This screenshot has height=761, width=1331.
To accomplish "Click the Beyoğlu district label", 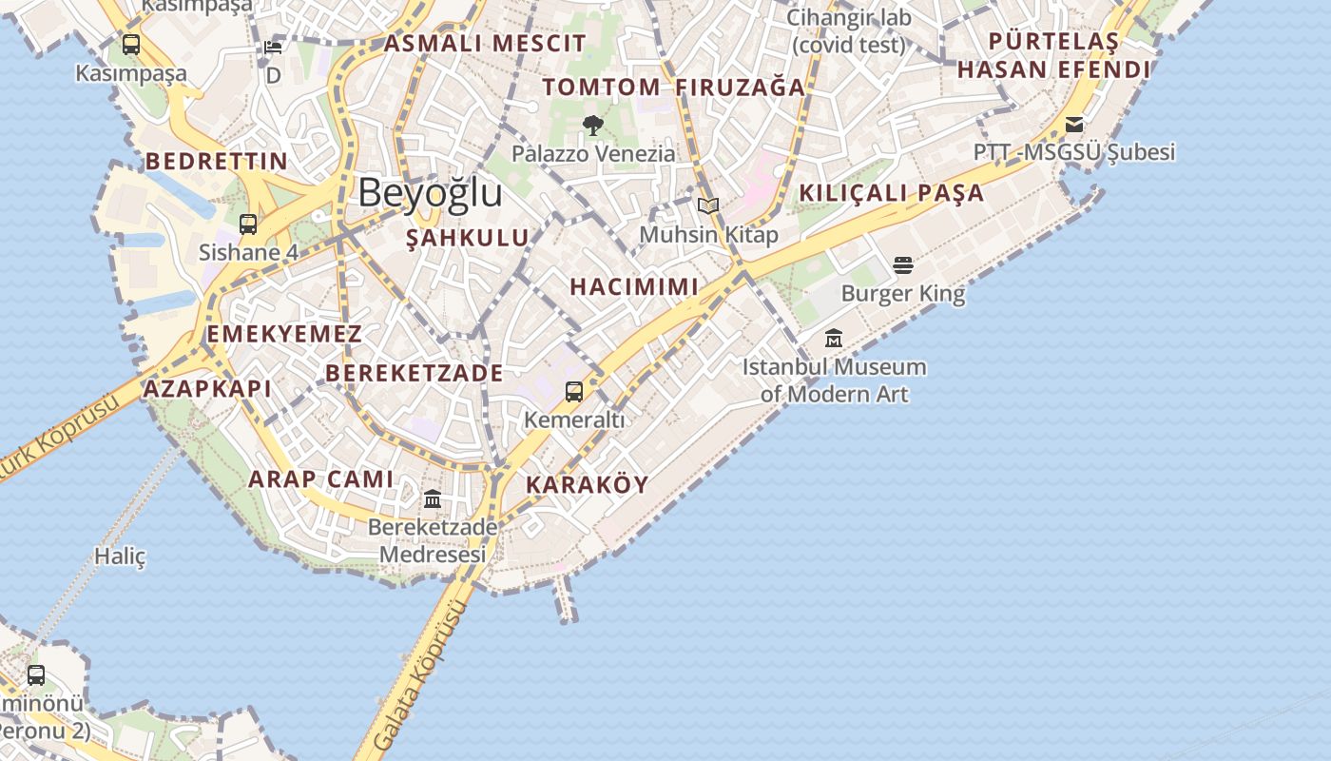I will [430, 193].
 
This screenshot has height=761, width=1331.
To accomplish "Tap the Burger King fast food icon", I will [903, 264].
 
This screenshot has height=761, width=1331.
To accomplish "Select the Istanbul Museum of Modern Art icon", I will [834, 338].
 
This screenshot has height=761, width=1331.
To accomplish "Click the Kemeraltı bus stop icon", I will [574, 391].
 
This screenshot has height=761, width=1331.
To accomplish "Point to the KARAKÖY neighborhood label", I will [588, 484].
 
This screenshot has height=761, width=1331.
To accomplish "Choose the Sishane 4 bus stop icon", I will [248, 224].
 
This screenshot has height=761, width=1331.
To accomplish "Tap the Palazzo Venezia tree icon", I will [593, 125].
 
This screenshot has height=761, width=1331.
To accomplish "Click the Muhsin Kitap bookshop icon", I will [708, 205].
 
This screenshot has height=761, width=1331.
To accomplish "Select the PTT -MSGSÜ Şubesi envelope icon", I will [1074, 125].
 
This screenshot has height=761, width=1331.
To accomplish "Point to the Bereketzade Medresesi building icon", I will [433, 498].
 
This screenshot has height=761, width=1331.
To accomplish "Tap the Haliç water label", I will [120, 556].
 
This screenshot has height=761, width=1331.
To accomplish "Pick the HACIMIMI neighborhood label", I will [634, 286].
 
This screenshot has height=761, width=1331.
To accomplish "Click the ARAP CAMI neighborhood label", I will [320, 478].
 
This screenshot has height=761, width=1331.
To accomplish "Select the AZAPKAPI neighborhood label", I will [207, 388].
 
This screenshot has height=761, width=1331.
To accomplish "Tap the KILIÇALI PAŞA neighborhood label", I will [891, 192].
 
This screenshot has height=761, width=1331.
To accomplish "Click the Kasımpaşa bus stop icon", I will [131, 44].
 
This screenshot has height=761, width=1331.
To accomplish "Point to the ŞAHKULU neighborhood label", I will [468, 238].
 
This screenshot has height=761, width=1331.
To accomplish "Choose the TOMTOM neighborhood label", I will [601, 87].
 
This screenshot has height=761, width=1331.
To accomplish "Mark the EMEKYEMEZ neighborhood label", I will [284, 334].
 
